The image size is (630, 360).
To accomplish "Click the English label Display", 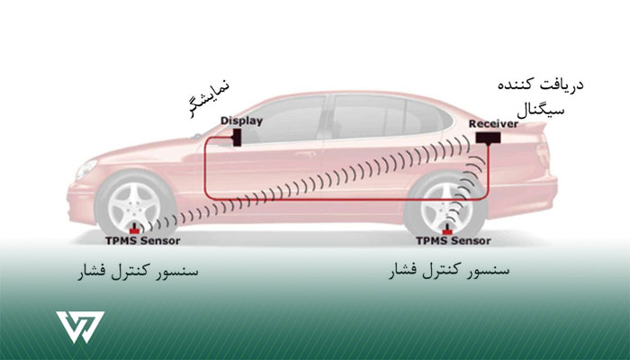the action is point(241,121).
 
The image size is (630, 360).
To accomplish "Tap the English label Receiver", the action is point(493,124).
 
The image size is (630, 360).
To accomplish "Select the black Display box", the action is point(237,138).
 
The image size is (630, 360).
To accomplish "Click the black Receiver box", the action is point(488,138).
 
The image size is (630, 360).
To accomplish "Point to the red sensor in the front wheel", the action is point(134,229).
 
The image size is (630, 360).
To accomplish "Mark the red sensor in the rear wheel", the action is point(446,230).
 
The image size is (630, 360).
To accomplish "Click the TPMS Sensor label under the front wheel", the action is point(142,240).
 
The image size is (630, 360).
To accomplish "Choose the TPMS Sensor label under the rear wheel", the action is point(454,240).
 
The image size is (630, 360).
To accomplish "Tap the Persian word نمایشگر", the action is point(209,99).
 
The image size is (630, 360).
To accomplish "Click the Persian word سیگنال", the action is point(540,110).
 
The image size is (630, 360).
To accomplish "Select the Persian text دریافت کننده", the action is point(540,85).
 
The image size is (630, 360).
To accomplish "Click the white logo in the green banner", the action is point(80,327).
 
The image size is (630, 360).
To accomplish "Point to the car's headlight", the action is point(86,169).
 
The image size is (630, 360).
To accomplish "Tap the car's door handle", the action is point(305,154).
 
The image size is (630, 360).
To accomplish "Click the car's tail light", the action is point(544,155).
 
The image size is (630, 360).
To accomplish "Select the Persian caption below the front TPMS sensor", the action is point(138,271).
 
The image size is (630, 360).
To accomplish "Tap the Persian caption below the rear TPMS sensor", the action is point(449,271).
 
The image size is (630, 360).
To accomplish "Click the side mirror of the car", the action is point(196,136).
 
